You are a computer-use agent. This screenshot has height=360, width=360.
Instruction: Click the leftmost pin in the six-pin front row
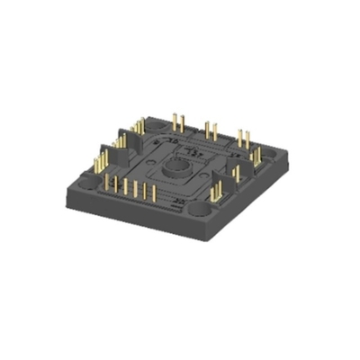point(108,184)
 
